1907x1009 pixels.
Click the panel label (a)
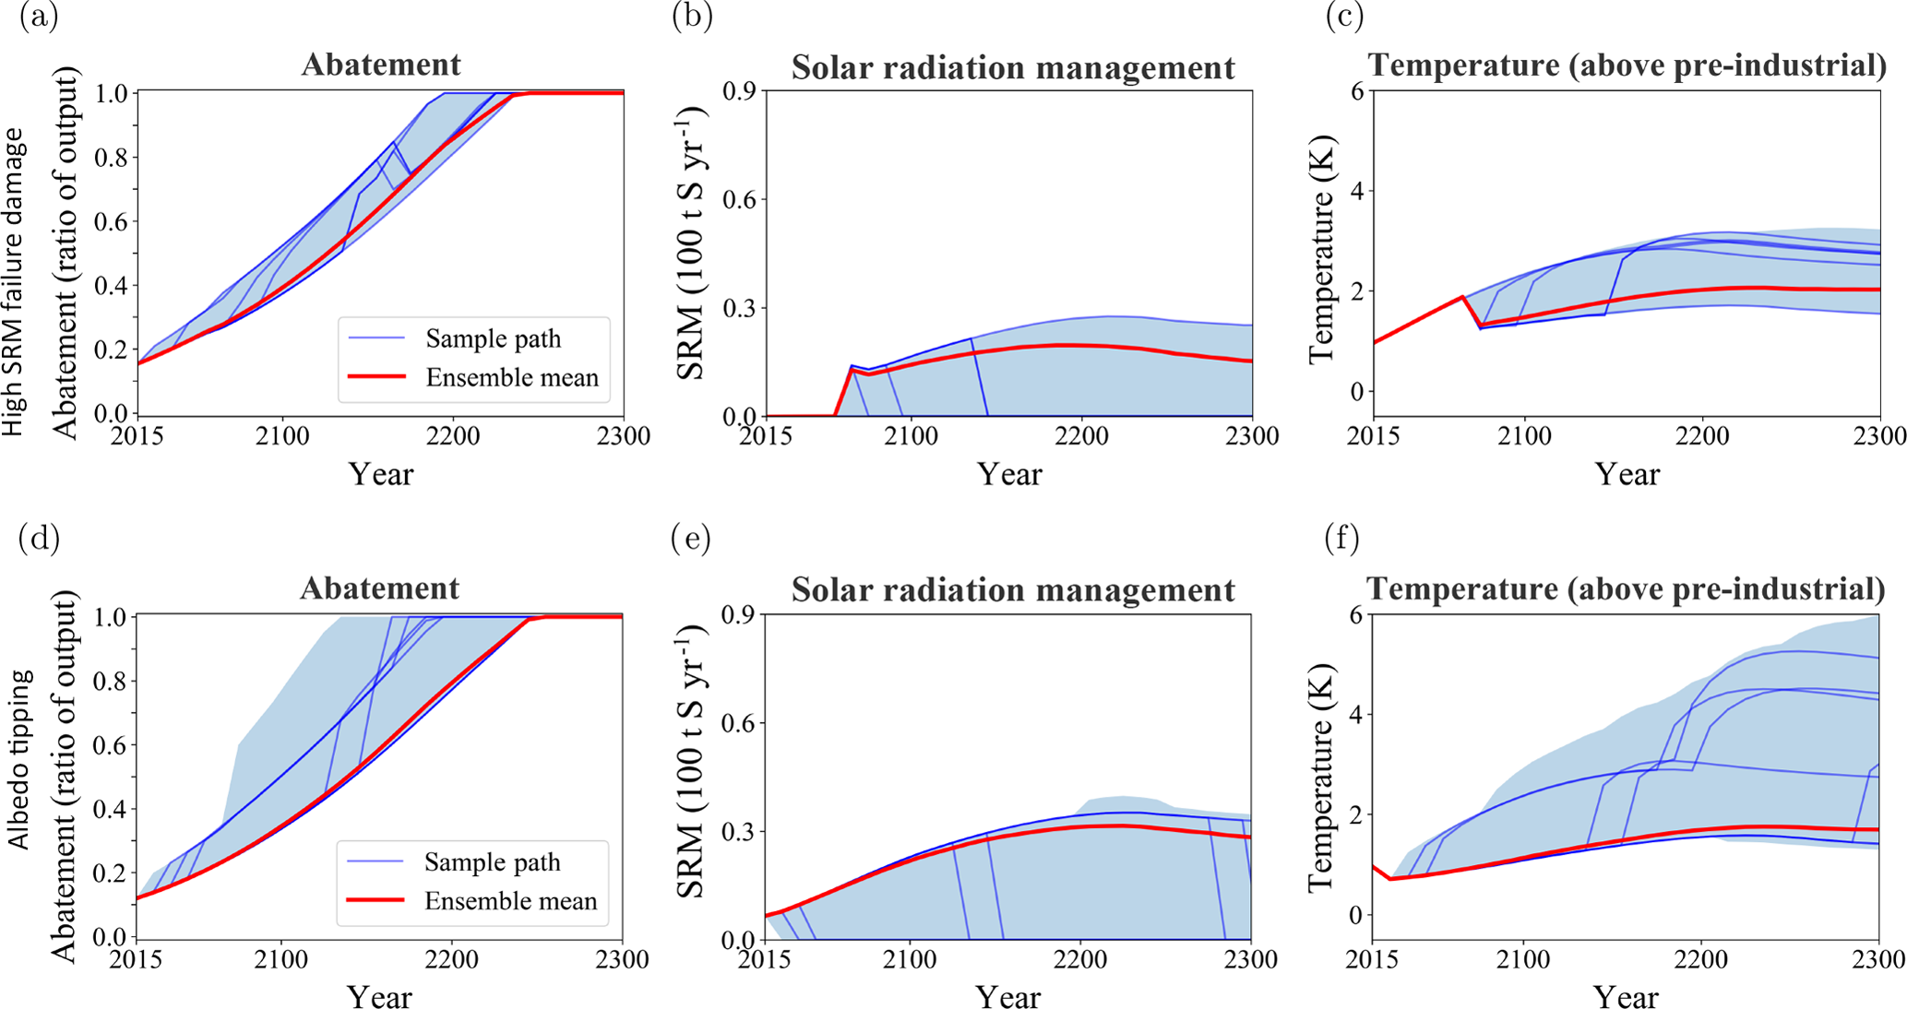[38, 18]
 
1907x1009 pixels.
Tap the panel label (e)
[691, 540]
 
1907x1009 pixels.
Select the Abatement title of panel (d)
[379, 588]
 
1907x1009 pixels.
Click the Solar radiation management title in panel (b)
[1013, 67]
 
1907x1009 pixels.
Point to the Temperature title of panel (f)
[1626, 588]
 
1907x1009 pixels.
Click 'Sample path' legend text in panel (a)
[493, 338]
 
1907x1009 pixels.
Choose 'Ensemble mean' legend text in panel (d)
[510, 901]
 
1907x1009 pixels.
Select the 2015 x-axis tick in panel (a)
[137, 435]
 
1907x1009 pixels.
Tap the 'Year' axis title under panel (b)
[1009, 474]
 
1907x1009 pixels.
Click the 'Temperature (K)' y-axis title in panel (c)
[1322, 276]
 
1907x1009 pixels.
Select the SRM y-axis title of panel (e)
[692, 761]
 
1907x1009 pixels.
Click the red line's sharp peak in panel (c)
[1462, 297]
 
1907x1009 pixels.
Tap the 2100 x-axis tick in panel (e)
[910, 959]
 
